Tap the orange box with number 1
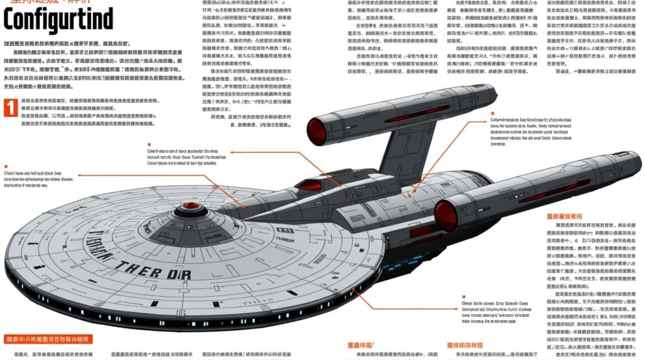tap(10, 108)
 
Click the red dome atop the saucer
tap(191, 206)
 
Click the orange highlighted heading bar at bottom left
tap(47, 339)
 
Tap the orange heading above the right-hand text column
tap(564, 216)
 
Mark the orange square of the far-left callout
tap(6, 166)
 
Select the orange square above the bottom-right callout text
tap(464, 297)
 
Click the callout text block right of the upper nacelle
tap(531, 132)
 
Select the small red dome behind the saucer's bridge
tap(309, 184)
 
